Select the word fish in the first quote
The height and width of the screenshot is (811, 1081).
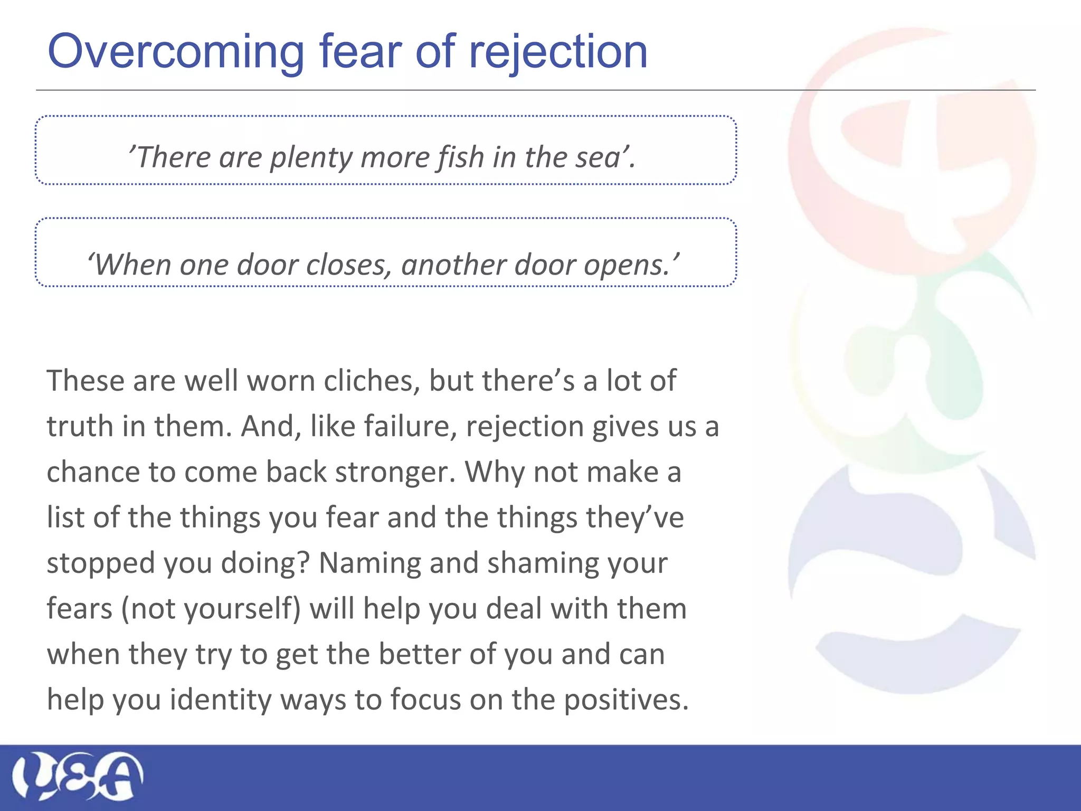tap(460, 157)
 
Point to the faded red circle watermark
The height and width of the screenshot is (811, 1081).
tap(912, 150)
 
